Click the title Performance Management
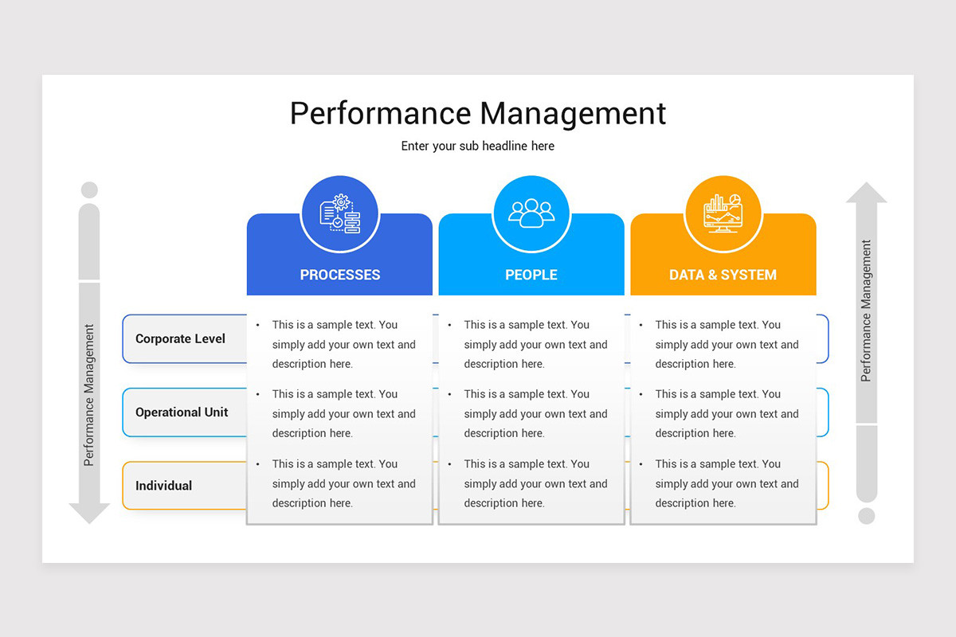(x=478, y=113)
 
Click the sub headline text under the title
(x=478, y=147)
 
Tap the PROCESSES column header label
(x=340, y=275)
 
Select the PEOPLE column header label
(x=531, y=275)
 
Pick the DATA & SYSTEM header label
(x=723, y=275)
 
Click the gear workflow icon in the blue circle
(x=340, y=213)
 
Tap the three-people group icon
(x=531, y=213)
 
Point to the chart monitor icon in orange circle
(x=723, y=213)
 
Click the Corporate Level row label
(x=180, y=338)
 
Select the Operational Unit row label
(x=182, y=412)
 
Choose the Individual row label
(x=163, y=486)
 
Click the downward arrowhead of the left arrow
(x=89, y=513)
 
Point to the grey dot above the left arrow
(x=89, y=190)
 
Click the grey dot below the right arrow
(x=866, y=515)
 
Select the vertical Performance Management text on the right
(x=866, y=311)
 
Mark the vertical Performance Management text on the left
(x=89, y=394)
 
